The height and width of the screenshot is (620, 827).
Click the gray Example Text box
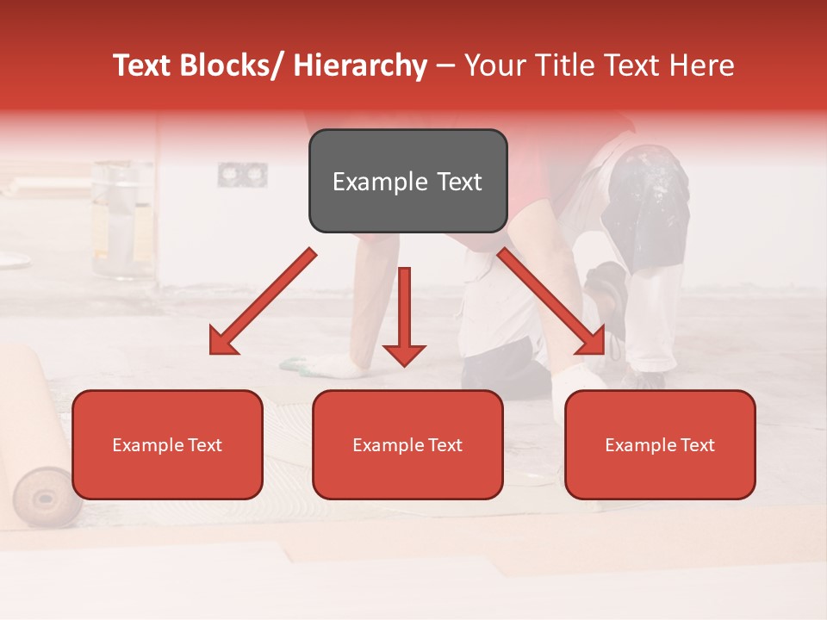(x=407, y=182)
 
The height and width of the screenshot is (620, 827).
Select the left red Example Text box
(x=167, y=445)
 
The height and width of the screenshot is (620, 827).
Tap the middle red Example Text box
(x=407, y=445)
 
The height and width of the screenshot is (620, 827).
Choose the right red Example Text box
(x=660, y=445)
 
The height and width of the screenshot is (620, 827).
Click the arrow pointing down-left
(x=262, y=302)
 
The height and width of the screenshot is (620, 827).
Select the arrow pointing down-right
(x=551, y=301)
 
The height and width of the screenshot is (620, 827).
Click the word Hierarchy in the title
(x=360, y=65)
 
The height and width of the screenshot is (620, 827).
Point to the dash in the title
(x=445, y=65)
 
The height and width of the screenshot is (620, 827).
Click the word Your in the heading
(x=494, y=65)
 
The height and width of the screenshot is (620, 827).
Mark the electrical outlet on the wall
(x=242, y=175)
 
